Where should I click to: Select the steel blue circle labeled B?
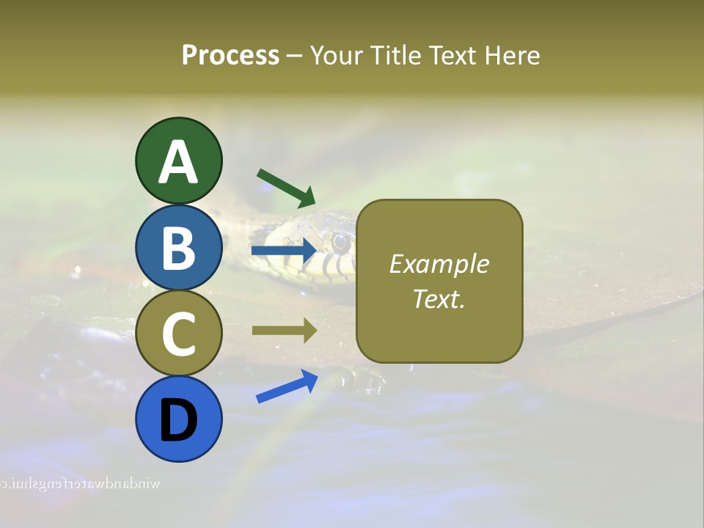coord(178,247)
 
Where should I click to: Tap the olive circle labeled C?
coord(178,334)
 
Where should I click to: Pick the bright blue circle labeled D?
coord(178,419)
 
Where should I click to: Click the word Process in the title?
coord(230,55)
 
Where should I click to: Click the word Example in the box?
coord(439,264)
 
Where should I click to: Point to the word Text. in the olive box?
coord(439,298)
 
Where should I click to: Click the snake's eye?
coord(339,241)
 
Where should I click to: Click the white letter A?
coord(178,163)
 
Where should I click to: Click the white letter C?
coord(178,334)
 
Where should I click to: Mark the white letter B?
coord(178,248)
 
